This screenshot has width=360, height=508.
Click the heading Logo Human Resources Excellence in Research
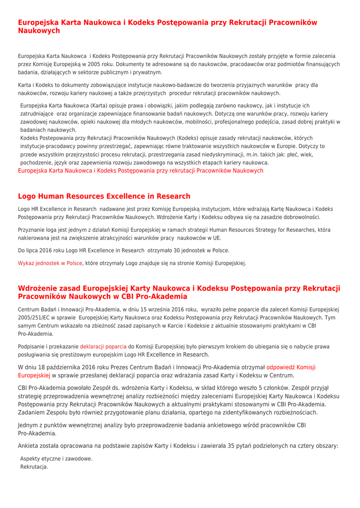point(104,196)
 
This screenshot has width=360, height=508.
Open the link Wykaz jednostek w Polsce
point(50,263)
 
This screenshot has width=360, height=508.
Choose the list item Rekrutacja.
point(34,467)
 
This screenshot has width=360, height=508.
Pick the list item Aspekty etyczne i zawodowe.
point(56,459)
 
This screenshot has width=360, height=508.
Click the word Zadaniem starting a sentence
point(33,412)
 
